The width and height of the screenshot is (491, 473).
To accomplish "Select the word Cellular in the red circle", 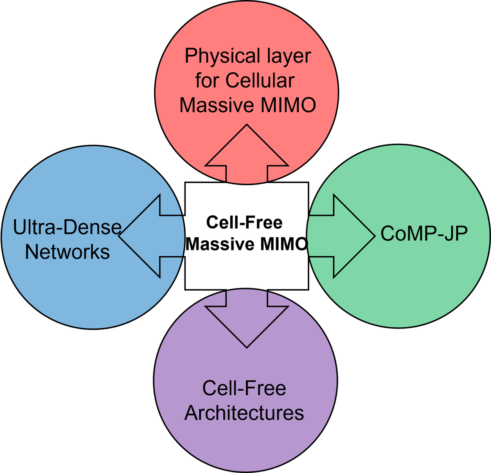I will pyautogui.click(x=260, y=81).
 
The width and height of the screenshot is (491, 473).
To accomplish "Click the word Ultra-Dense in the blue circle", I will pyautogui.click(x=68, y=227).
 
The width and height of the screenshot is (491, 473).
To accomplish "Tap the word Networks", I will pyautogui.click(x=68, y=252).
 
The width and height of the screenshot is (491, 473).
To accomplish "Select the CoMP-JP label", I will pyautogui.click(x=424, y=234).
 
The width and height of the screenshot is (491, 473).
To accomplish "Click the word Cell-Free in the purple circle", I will pyautogui.click(x=244, y=388).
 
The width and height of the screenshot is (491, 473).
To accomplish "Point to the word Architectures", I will pyautogui.click(x=244, y=413).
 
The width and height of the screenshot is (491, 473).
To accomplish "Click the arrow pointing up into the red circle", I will pyautogui.click(x=247, y=155).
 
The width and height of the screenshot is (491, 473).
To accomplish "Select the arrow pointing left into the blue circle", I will pyautogui.click(x=151, y=236).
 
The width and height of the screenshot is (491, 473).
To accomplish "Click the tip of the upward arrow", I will pyautogui.click(x=247, y=126).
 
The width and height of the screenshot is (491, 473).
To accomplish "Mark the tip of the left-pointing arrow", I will pyautogui.click(x=119, y=236).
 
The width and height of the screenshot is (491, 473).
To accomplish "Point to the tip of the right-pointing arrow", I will pyautogui.click(x=374, y=236).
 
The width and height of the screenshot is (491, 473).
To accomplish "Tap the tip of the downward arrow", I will pyautogui.click(x=247, y=347).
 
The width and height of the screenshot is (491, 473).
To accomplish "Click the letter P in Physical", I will pyautogui.click(x=190, y=56).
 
